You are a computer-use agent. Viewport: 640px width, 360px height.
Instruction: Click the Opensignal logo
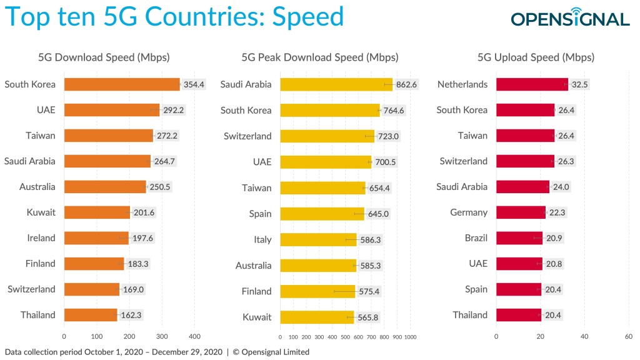[569, 18]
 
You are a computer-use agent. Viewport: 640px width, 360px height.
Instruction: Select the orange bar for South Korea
[122, 84]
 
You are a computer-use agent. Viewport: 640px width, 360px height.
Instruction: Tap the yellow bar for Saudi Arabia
[336, 84]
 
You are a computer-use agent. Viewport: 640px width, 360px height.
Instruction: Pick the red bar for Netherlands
[532, 84]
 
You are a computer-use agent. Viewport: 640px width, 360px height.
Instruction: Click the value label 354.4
[194, 84]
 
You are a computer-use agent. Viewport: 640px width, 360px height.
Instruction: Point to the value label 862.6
[406, 84]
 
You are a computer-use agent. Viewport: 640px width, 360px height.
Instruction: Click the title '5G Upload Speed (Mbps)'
[536, 57]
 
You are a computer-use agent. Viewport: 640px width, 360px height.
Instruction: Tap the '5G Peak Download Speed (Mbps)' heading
[319, 57]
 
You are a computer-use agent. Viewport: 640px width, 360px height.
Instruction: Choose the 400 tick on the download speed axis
[194, 336]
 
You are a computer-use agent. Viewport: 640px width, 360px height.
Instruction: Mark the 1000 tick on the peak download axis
[411, 336]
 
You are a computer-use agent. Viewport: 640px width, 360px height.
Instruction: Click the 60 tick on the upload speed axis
[628, 336]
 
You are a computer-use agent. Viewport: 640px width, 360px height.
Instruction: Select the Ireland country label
[41, 238]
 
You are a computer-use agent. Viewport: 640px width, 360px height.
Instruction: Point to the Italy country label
[262, 239]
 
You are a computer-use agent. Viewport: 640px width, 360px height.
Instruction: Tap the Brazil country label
[476, 238]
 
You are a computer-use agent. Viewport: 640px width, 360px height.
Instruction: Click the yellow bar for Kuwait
[317, 317]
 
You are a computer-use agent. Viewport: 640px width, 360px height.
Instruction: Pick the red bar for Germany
[521, 212]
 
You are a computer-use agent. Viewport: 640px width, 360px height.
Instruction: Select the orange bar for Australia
[105, 187]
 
